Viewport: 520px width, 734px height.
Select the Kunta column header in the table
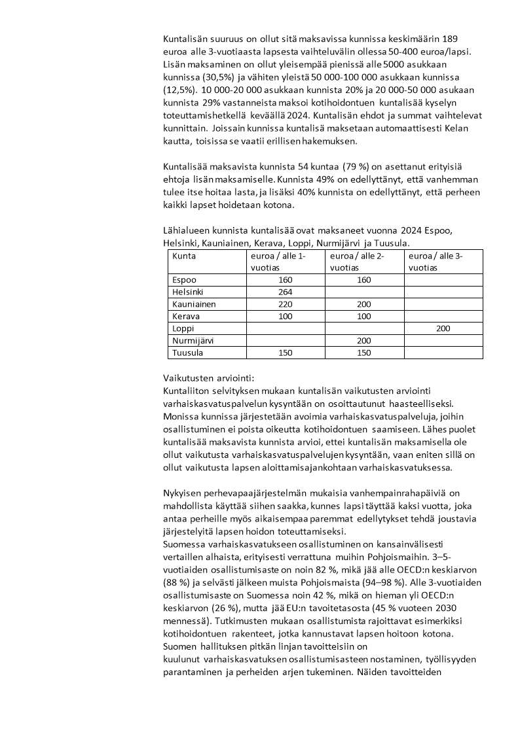point(184,256)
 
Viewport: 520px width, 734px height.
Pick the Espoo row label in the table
point(184,280)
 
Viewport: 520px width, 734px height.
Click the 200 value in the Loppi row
point(443,328)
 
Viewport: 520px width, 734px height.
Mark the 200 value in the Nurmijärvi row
point(364,341)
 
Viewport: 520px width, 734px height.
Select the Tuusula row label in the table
point(187,353)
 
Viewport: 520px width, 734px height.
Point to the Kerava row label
point(186,317)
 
